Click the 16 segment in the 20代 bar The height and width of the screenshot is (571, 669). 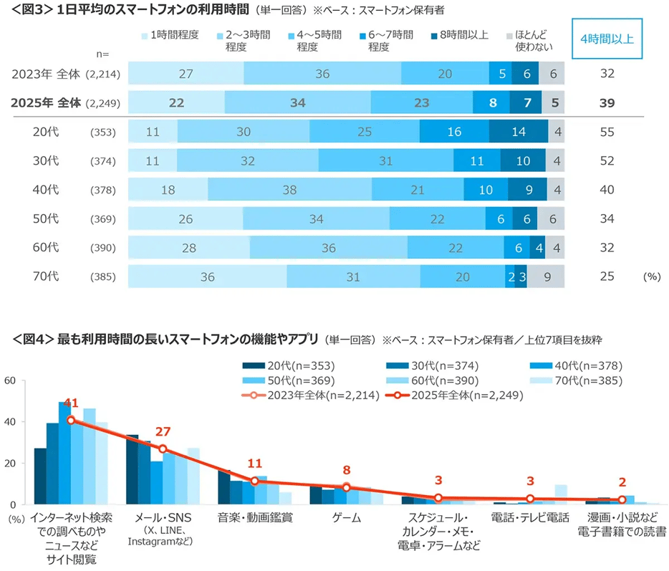click(x=454, y=131)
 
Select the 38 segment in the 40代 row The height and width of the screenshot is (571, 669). click(x=289, y=189)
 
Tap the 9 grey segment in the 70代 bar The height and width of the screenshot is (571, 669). click(x=546, y=277)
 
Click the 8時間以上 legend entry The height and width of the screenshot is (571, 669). click(x=459, y=34)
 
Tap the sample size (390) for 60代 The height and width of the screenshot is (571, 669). click(x=102, y=247)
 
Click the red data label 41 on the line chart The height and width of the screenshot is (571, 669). click(x=70, y=404)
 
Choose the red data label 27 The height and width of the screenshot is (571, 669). click(x=163, y=432)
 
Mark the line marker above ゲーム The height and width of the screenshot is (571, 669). click(x=347, y=488)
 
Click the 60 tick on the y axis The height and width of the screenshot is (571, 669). click(x=10, y=380)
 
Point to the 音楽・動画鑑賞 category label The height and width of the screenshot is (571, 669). click(x=254, y=517)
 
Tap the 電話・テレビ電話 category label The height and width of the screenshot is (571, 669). click(x=530, y=517)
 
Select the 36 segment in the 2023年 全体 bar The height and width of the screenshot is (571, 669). click(x=322, y=74)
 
